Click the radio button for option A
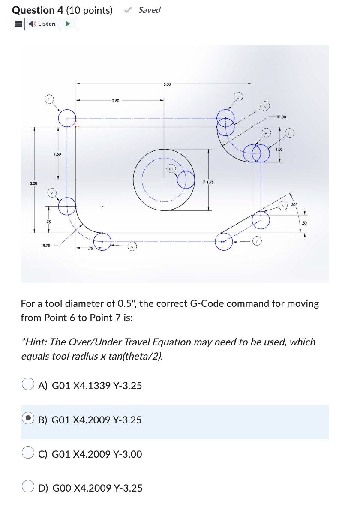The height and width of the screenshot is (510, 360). (28, 385)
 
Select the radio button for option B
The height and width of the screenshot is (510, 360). (28, 419)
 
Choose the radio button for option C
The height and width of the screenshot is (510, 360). (28, 453)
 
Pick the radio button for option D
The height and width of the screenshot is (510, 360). (28, 487)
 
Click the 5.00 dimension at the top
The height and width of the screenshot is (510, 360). (167, 84)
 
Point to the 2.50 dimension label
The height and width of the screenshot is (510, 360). (116, 101)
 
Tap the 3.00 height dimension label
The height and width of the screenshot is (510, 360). (33, 183)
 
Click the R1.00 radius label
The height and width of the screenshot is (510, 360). (281, 116)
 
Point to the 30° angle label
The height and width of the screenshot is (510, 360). (294, 205)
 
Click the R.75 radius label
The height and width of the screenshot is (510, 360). (46, 246)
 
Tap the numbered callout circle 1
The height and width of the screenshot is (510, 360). (50, 100)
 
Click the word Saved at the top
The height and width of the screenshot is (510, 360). (149, 10)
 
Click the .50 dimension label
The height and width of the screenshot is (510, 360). (304, 223)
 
